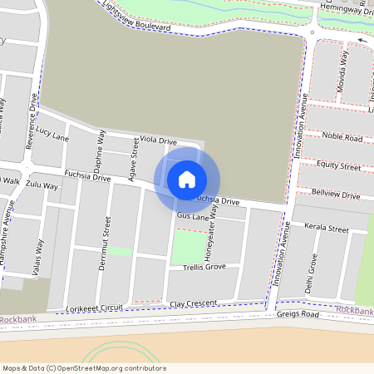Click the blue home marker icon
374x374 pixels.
click(187, 179)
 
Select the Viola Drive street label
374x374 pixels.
click(159, 140)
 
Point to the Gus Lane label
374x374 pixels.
click(190, 215)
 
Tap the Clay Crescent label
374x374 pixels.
click(193, 303)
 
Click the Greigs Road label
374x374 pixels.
click(298, 314)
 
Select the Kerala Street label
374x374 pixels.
click(326, 228)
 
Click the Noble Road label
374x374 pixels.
click(342, 137)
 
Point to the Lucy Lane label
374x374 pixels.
click(52, 133)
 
